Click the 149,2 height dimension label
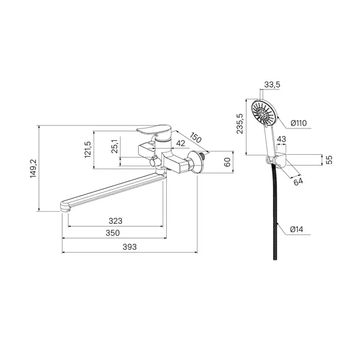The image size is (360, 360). [x=33, y=168]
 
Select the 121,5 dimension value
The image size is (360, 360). [x=88, y=149]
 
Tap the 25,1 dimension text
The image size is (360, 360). [x=115, y=146]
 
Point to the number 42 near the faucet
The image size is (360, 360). [x=181, y=143]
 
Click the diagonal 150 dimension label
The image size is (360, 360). [x=196, y=137]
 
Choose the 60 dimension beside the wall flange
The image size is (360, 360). [x=227, y=162]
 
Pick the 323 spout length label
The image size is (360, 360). [x=115, y=221]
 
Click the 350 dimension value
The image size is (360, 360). [x=113, y=233]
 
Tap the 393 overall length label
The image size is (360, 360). [x=130, y=247]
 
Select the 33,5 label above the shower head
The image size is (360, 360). [x=272, y=85]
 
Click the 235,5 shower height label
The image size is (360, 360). [x=240, y=124]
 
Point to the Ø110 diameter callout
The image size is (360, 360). [x=298, y=123]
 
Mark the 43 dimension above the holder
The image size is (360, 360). [x=281, y=139]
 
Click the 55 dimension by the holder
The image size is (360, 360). [x=329, y=160]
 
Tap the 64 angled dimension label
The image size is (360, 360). [x=298, y=182]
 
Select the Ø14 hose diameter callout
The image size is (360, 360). [x=296, y=229]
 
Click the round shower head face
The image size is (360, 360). [x=263, y=113]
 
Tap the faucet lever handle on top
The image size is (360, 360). [x=154, y=129]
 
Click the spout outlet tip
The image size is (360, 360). [x=65, y=207]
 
